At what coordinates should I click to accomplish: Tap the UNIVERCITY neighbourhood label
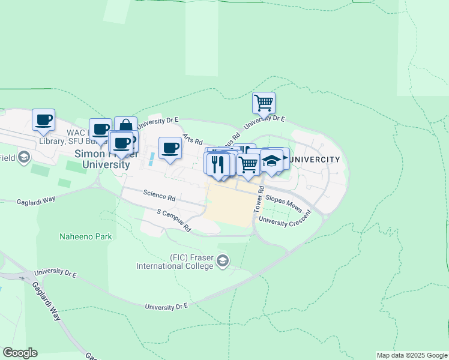pyautogui.click(x=314, y=160)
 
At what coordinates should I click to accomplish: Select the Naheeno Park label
pyautogui.click(x=86, y=236)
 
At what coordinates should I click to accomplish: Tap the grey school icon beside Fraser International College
pyautogui.click(x=223, y=260)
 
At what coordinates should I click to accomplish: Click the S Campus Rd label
pyautogui.click(x=173, y=220)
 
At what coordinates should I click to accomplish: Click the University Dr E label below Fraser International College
pyautogui.click(x=166, y=306)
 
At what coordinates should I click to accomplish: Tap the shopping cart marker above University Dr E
pyautogui.click(x=264, y=103)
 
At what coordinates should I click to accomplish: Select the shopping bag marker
pyautogui.click(x=125, y=127)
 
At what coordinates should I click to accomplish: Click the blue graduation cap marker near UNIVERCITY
pyautogui.click(x=271, y=161)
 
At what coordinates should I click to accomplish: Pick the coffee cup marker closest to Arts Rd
pyautogui.click(x=170, y=148)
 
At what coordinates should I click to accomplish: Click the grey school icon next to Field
pyautogui.click(x=23, y=158)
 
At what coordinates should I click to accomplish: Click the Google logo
pyautogui.click(x=20, y=353)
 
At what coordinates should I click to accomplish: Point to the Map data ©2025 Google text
pyautogui.click(x=411, y=355)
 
